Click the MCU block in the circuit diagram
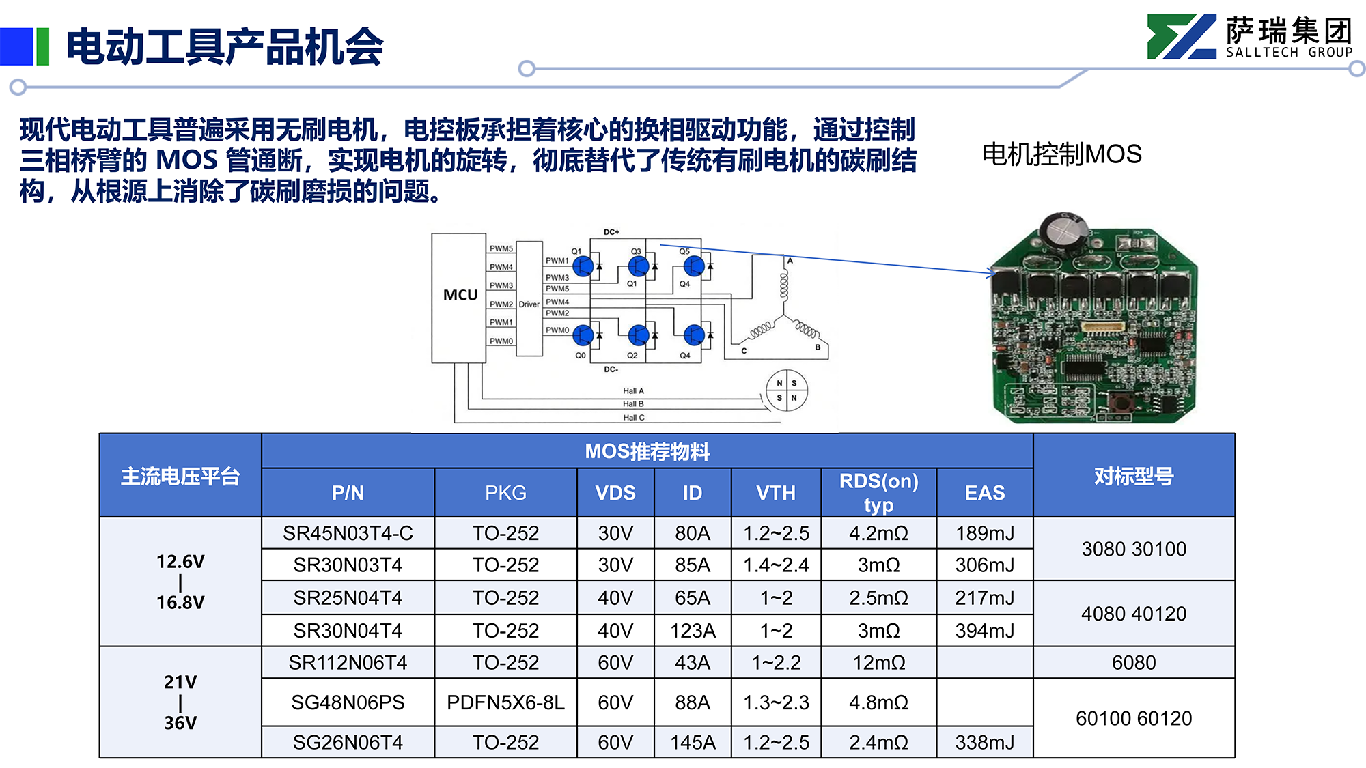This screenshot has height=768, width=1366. pyautogui.click(x=459, y=298)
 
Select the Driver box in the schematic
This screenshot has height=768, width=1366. pyautogui.click(x=529, y=298)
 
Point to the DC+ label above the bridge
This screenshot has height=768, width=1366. pyautogui.click(x=611, y=232)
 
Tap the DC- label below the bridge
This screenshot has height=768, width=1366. pyautogui.click(x=611, y=369)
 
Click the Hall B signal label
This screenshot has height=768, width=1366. pyautogui.click(x=633, y=404)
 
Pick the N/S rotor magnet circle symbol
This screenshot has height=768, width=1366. pyautogui.click(x=787, y=390)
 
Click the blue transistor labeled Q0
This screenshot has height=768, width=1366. pyautogui.click(x=583, y=335)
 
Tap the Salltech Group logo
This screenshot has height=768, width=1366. pyautogui.click(x=1251, y=37)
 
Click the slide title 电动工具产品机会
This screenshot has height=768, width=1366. pyautogui.click(x=225, y=46)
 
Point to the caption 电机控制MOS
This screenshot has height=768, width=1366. pyautogui.click(x=1061, y=154)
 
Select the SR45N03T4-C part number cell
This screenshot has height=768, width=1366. pyautogui.click(x=348, y=533)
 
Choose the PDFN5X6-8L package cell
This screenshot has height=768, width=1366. pyautogui.click(x=505, y=702)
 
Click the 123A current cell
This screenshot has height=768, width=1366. pyautogui.click(x=693, y=631)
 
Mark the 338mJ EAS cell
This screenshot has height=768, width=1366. pyautogui.click(x=985, y=742)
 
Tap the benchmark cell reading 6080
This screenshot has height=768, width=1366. pyautogui.click(x=1134, y=662)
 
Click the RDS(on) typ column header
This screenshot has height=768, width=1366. pyautogui.click(x=879, y=492)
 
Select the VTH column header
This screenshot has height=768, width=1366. pyautogui.click(x=776, y=493)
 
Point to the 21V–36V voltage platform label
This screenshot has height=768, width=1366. pyautogui.click(x=180, y=702)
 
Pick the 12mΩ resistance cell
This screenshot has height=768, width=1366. pyautogui.click(x=879, y=662)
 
